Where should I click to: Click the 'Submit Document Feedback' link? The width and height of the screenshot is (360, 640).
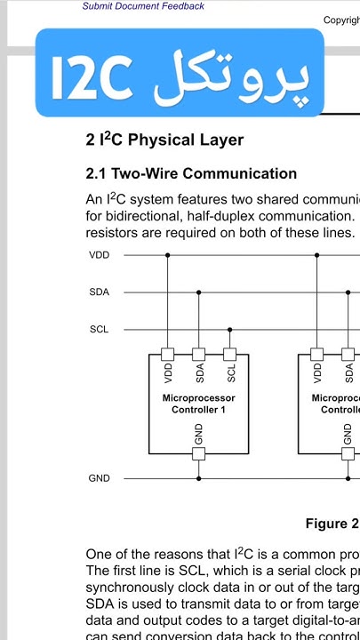click(143, 6)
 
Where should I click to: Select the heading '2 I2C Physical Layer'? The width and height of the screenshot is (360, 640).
click(164, 140)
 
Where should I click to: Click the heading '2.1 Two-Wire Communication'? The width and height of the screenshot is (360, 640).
click(191, 173)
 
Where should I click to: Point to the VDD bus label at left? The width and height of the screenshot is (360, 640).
click(100, 255)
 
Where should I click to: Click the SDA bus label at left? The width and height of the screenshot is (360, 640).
click(100, 292)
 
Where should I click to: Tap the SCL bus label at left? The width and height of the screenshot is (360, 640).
click(100, 330)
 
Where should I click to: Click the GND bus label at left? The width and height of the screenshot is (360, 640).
click(100, 478)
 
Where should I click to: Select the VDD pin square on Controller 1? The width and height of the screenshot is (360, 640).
click(168, 353)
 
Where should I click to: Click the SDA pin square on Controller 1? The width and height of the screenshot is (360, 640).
click(199, 353)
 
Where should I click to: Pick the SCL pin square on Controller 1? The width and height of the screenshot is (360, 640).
click(230, 353)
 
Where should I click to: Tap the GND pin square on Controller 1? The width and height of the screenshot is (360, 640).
click(199, 453)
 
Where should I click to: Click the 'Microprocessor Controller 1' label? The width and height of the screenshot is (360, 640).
click(199, 404)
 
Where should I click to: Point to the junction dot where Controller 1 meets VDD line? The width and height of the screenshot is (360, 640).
click(168, 255)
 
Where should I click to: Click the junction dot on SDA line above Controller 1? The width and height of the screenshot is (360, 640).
click(199, 292)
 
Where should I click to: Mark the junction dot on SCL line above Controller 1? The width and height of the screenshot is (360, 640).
click(230, 330)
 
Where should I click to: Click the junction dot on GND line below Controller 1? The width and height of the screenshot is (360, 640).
click(199, 478)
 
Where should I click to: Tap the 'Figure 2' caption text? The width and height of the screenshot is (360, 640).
click(332, 524)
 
